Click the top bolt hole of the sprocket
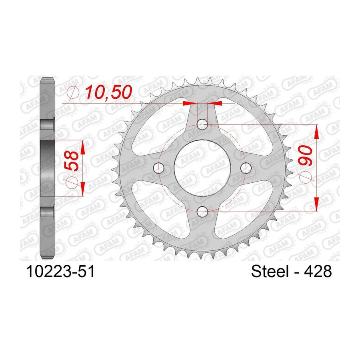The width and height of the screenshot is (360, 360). click(202, 124)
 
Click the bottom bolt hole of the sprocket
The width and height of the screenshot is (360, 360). click(202, 212)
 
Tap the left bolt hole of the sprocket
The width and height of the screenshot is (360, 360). click(159, 168)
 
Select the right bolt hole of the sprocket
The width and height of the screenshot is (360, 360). click(246, 168)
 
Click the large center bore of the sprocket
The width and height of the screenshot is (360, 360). click(202, 168)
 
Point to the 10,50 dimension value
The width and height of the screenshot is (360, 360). click(108, 92)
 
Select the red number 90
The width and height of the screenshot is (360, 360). click(305, 155)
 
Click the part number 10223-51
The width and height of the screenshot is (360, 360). click(60, 271)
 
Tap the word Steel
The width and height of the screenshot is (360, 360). click(270, 271)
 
